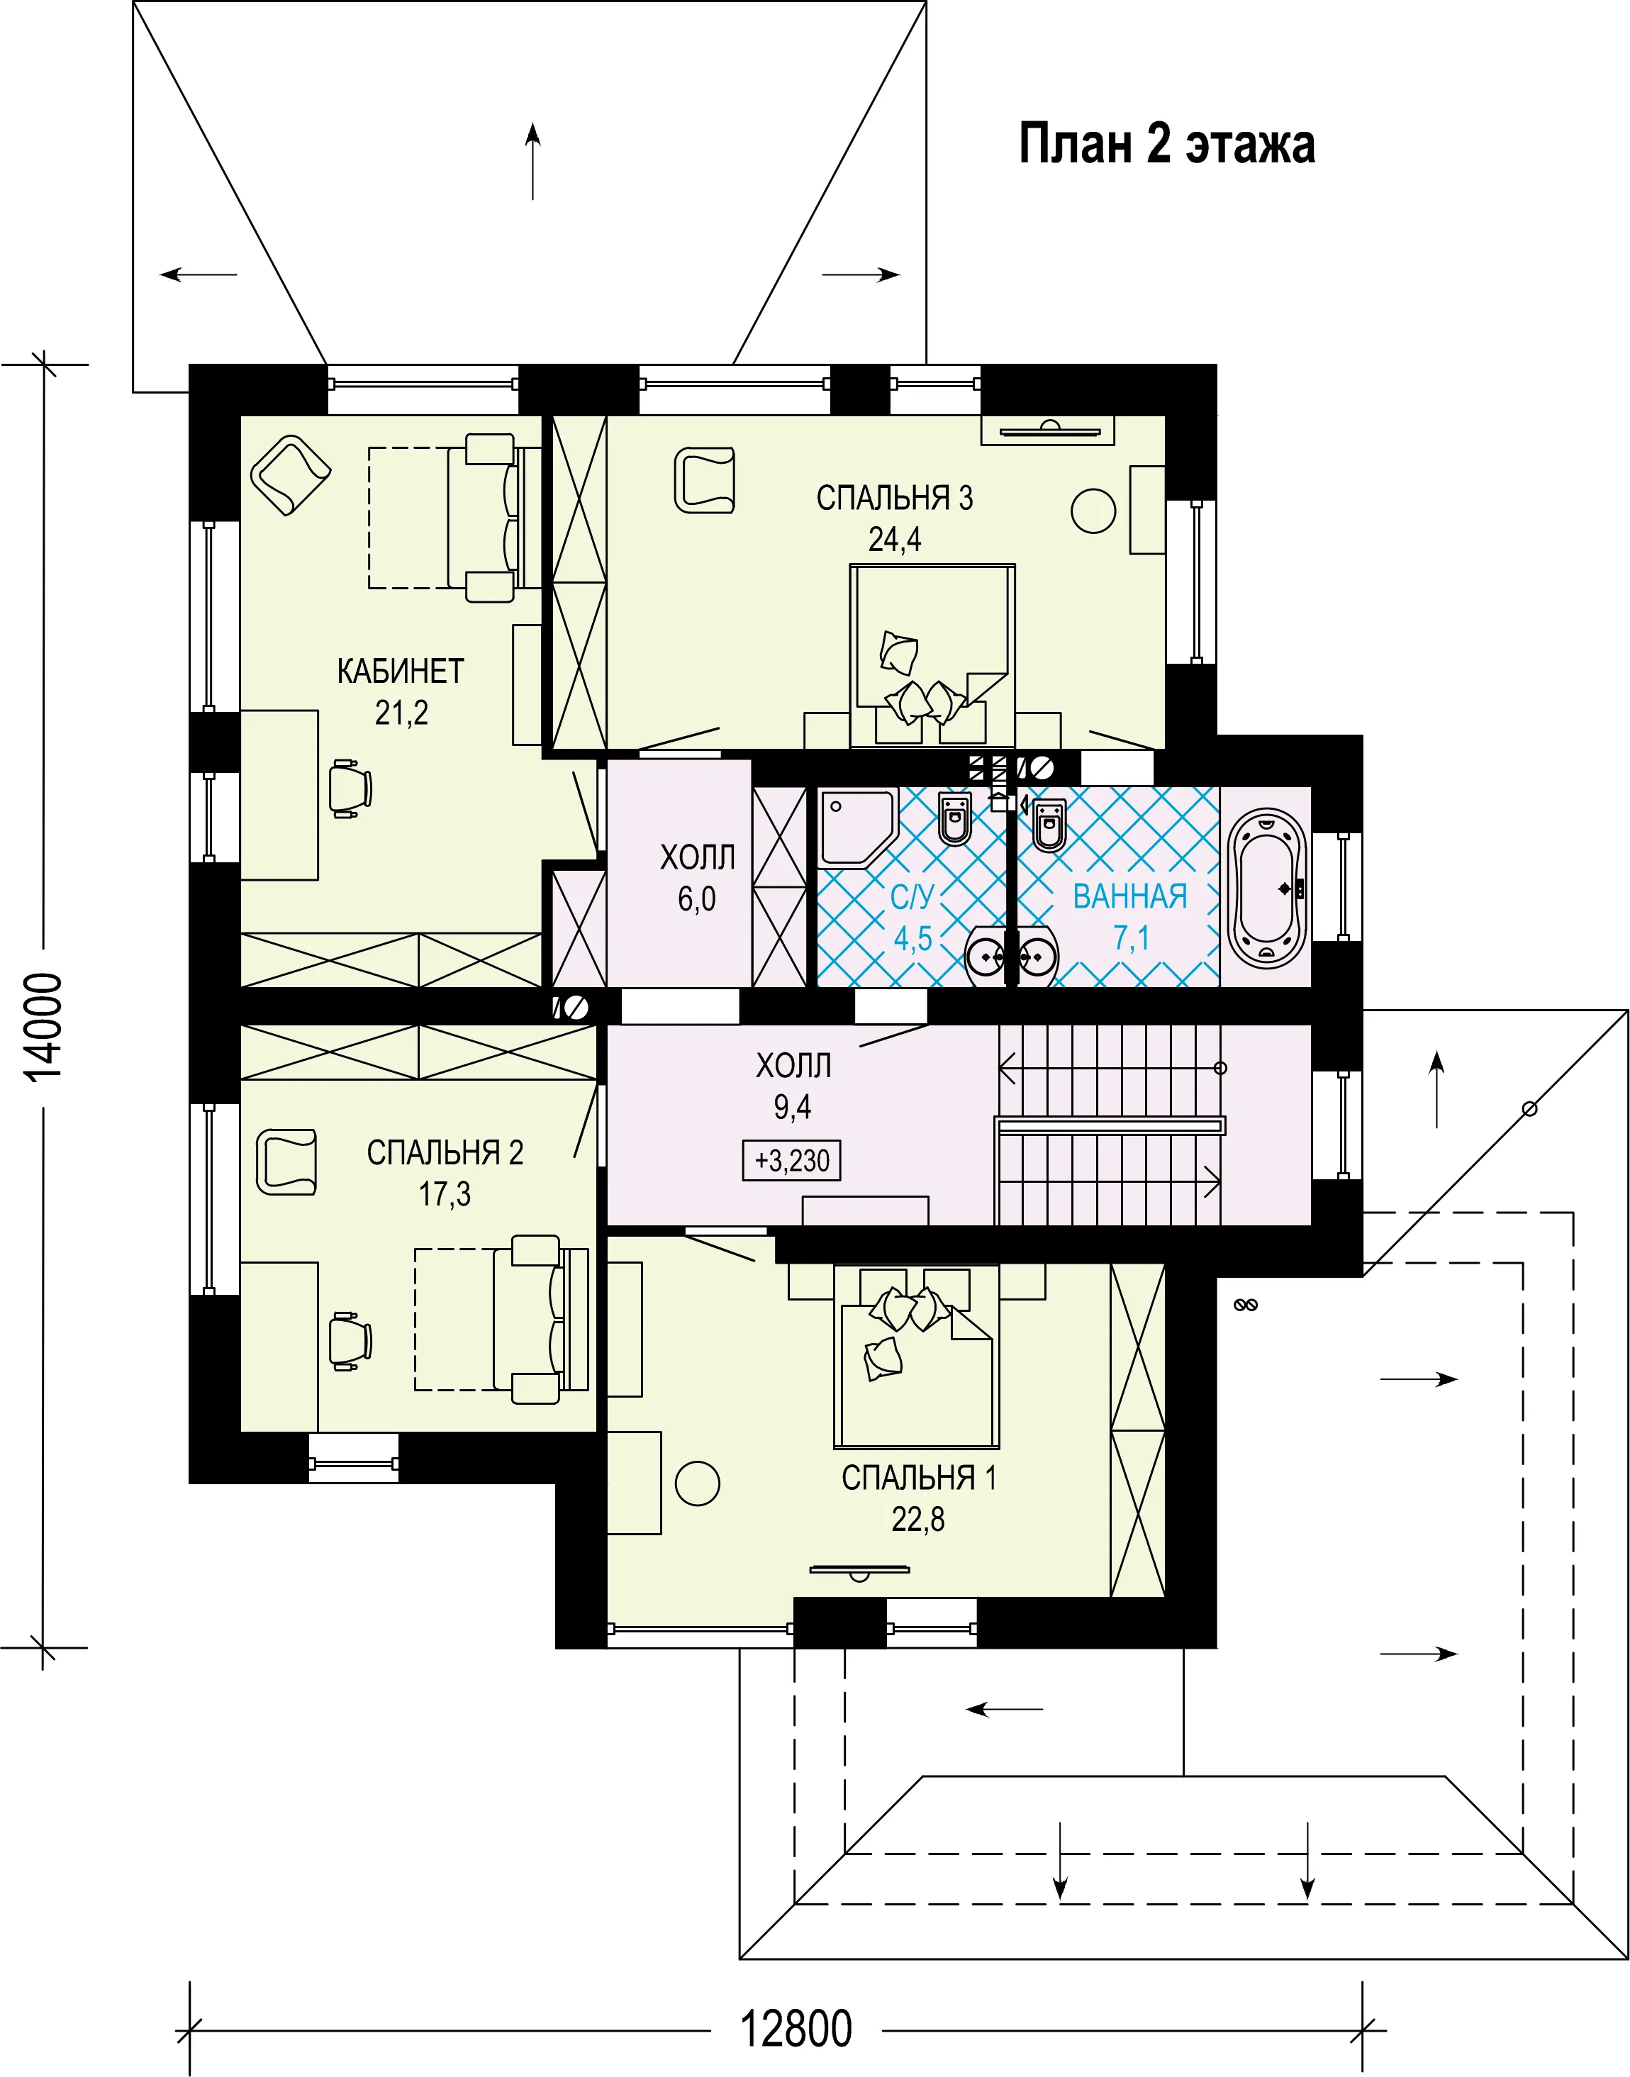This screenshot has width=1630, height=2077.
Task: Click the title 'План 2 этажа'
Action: pyautogui.click(x=1167, y=144)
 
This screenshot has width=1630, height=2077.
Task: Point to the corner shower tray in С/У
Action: pyautogui.click(x=855, y=825)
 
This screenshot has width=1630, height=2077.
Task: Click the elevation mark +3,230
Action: pyautogui.click(x=791, y=1161)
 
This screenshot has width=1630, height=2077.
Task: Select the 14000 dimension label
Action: pyautogui.click(x=44, y=1027)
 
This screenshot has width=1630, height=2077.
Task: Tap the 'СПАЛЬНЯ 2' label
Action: pyautogui.click(x=445, y=1152)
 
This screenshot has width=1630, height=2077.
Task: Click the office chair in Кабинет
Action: pyautogui.click(x=350, y=789)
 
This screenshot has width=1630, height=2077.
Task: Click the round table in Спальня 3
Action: pyautogui.click(x=1093, y=511)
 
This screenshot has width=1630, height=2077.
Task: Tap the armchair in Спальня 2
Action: pyautogui.click(x=286, y=1162)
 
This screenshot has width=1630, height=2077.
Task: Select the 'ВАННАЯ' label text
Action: pyautogui.click(x=1130, y=896)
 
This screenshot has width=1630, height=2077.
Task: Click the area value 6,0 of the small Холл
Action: pyautogui.click(x=697, y=899)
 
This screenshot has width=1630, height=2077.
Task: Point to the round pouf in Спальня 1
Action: pyautogui.click(x=698, y=1483)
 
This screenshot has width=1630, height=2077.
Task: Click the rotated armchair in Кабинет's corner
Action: pyautogui.click(x=290, y=475)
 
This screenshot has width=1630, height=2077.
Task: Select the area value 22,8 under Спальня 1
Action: pyautogui.click(x=918, y=1519)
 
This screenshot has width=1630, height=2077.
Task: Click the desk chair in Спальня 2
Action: pyautogui.click(x=350, y=1341)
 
